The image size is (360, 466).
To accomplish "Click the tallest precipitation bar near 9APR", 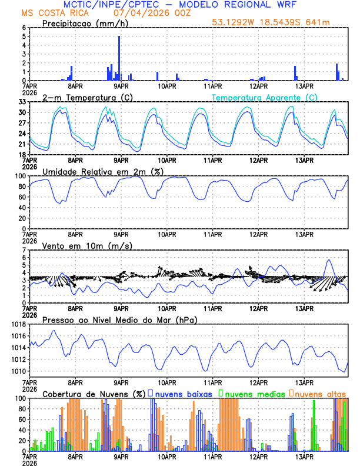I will coord(119,58).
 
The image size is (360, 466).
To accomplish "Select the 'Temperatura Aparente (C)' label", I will coord(265,97).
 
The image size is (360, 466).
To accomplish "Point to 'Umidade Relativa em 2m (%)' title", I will coord(99,171).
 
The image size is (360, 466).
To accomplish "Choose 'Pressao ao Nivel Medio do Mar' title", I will coord(119,319).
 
